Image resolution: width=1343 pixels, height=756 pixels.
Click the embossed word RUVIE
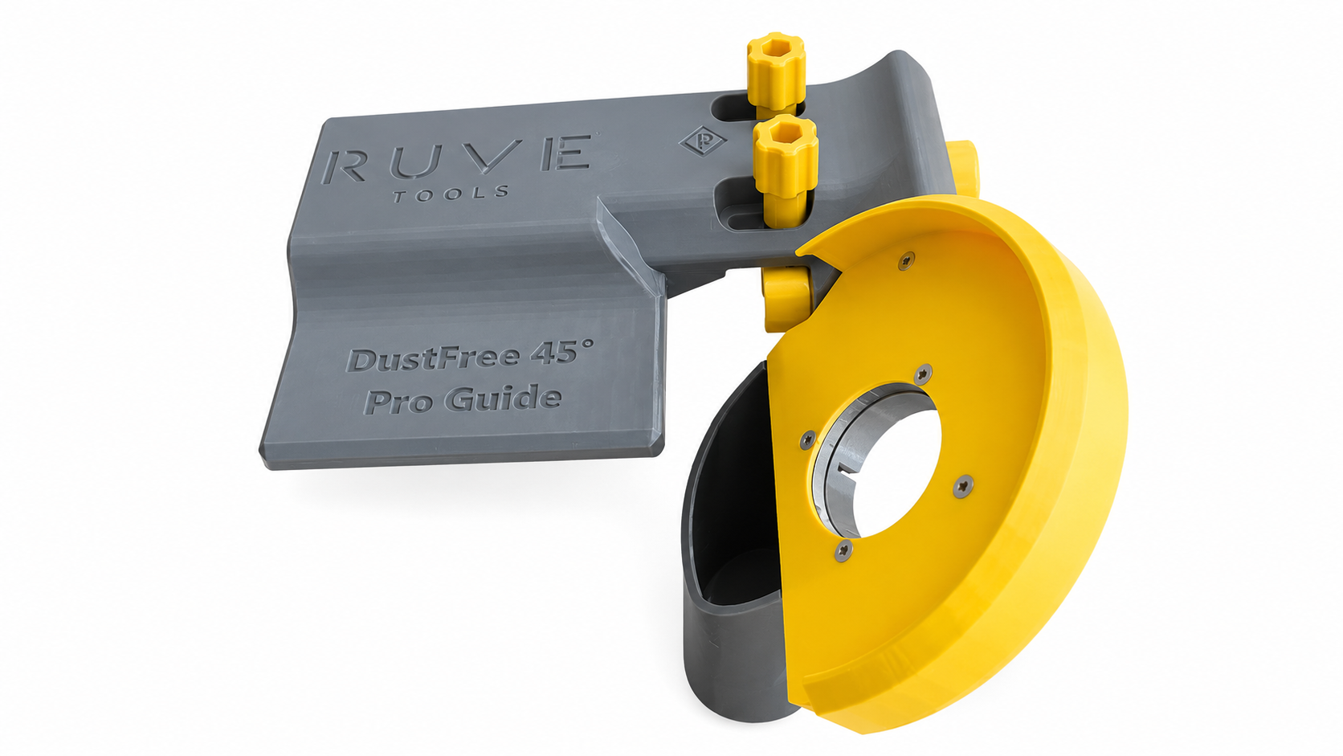[x=457, y=159]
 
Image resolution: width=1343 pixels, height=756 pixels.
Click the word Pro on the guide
[x=399, y=402]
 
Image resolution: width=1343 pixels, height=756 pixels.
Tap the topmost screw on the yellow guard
[x=906, y=261]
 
